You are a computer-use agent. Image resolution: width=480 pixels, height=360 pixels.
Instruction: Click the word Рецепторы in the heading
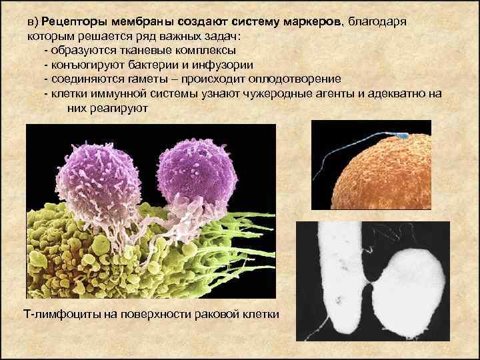coord(72,22)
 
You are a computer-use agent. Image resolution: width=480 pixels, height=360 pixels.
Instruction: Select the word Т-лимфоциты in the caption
coord(56,313)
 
